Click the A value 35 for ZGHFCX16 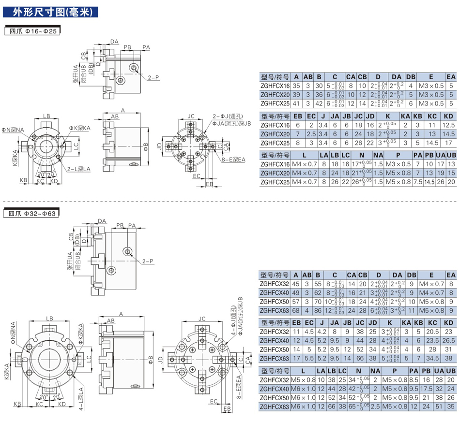[296, 86]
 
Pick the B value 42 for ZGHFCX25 [319, 103]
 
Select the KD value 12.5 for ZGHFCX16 [448, 125]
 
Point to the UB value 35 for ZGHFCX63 [451, 406]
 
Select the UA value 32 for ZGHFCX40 [440, 389]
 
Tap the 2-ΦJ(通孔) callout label [222, 116]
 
